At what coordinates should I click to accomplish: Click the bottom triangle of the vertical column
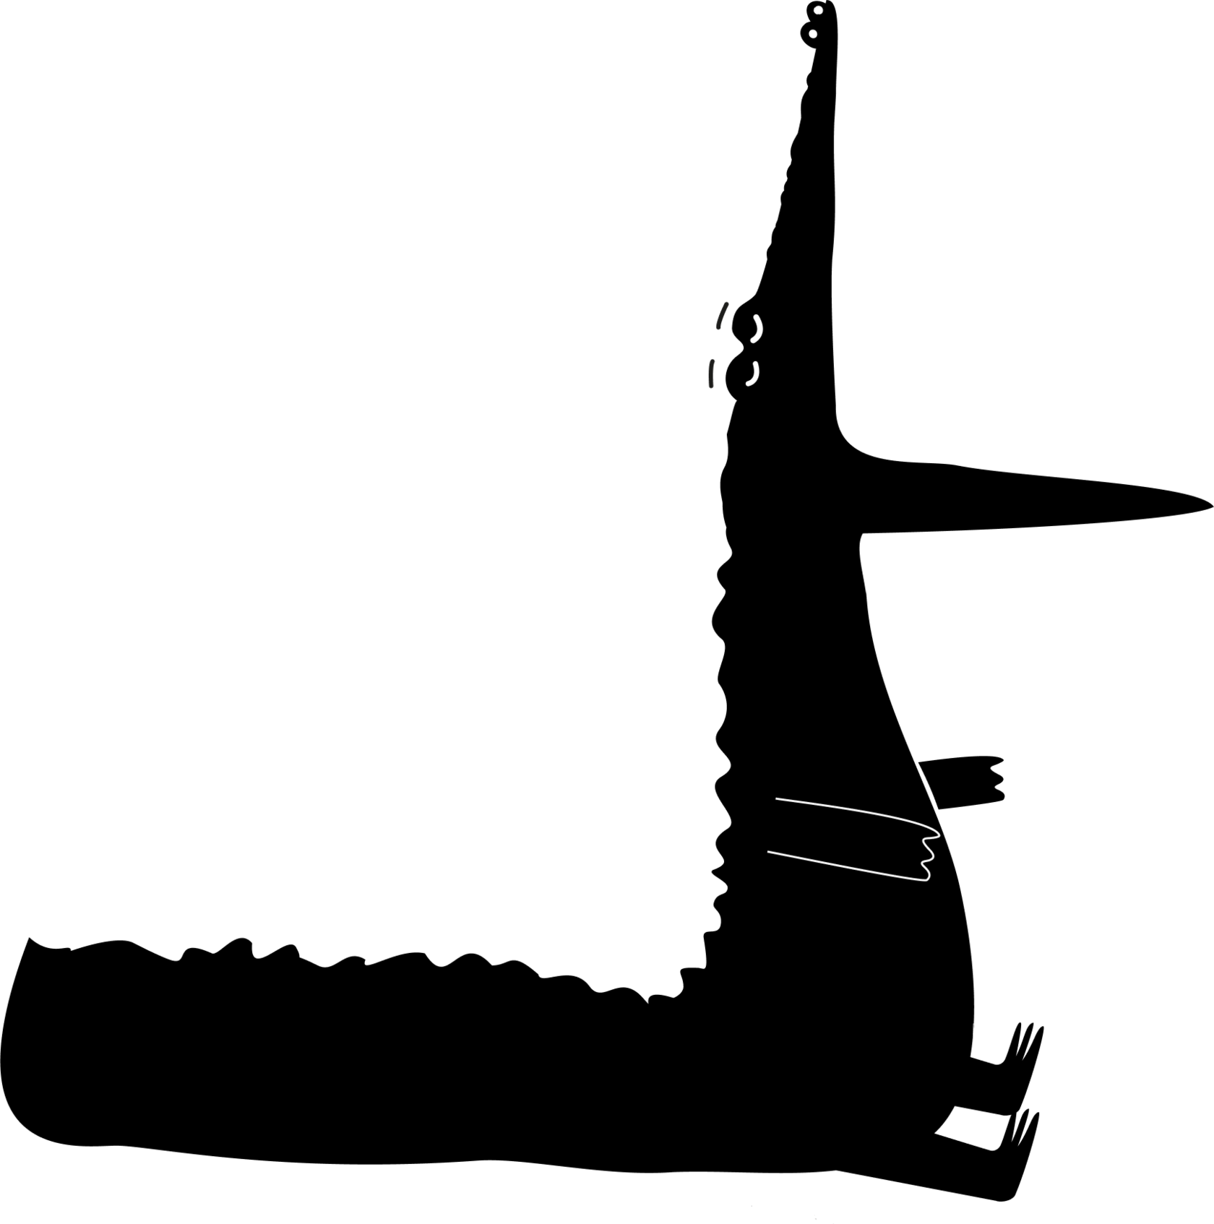coord(845,363)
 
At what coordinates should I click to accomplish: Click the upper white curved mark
coord(756,328)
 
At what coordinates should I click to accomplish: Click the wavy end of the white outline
coord(931,855)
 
